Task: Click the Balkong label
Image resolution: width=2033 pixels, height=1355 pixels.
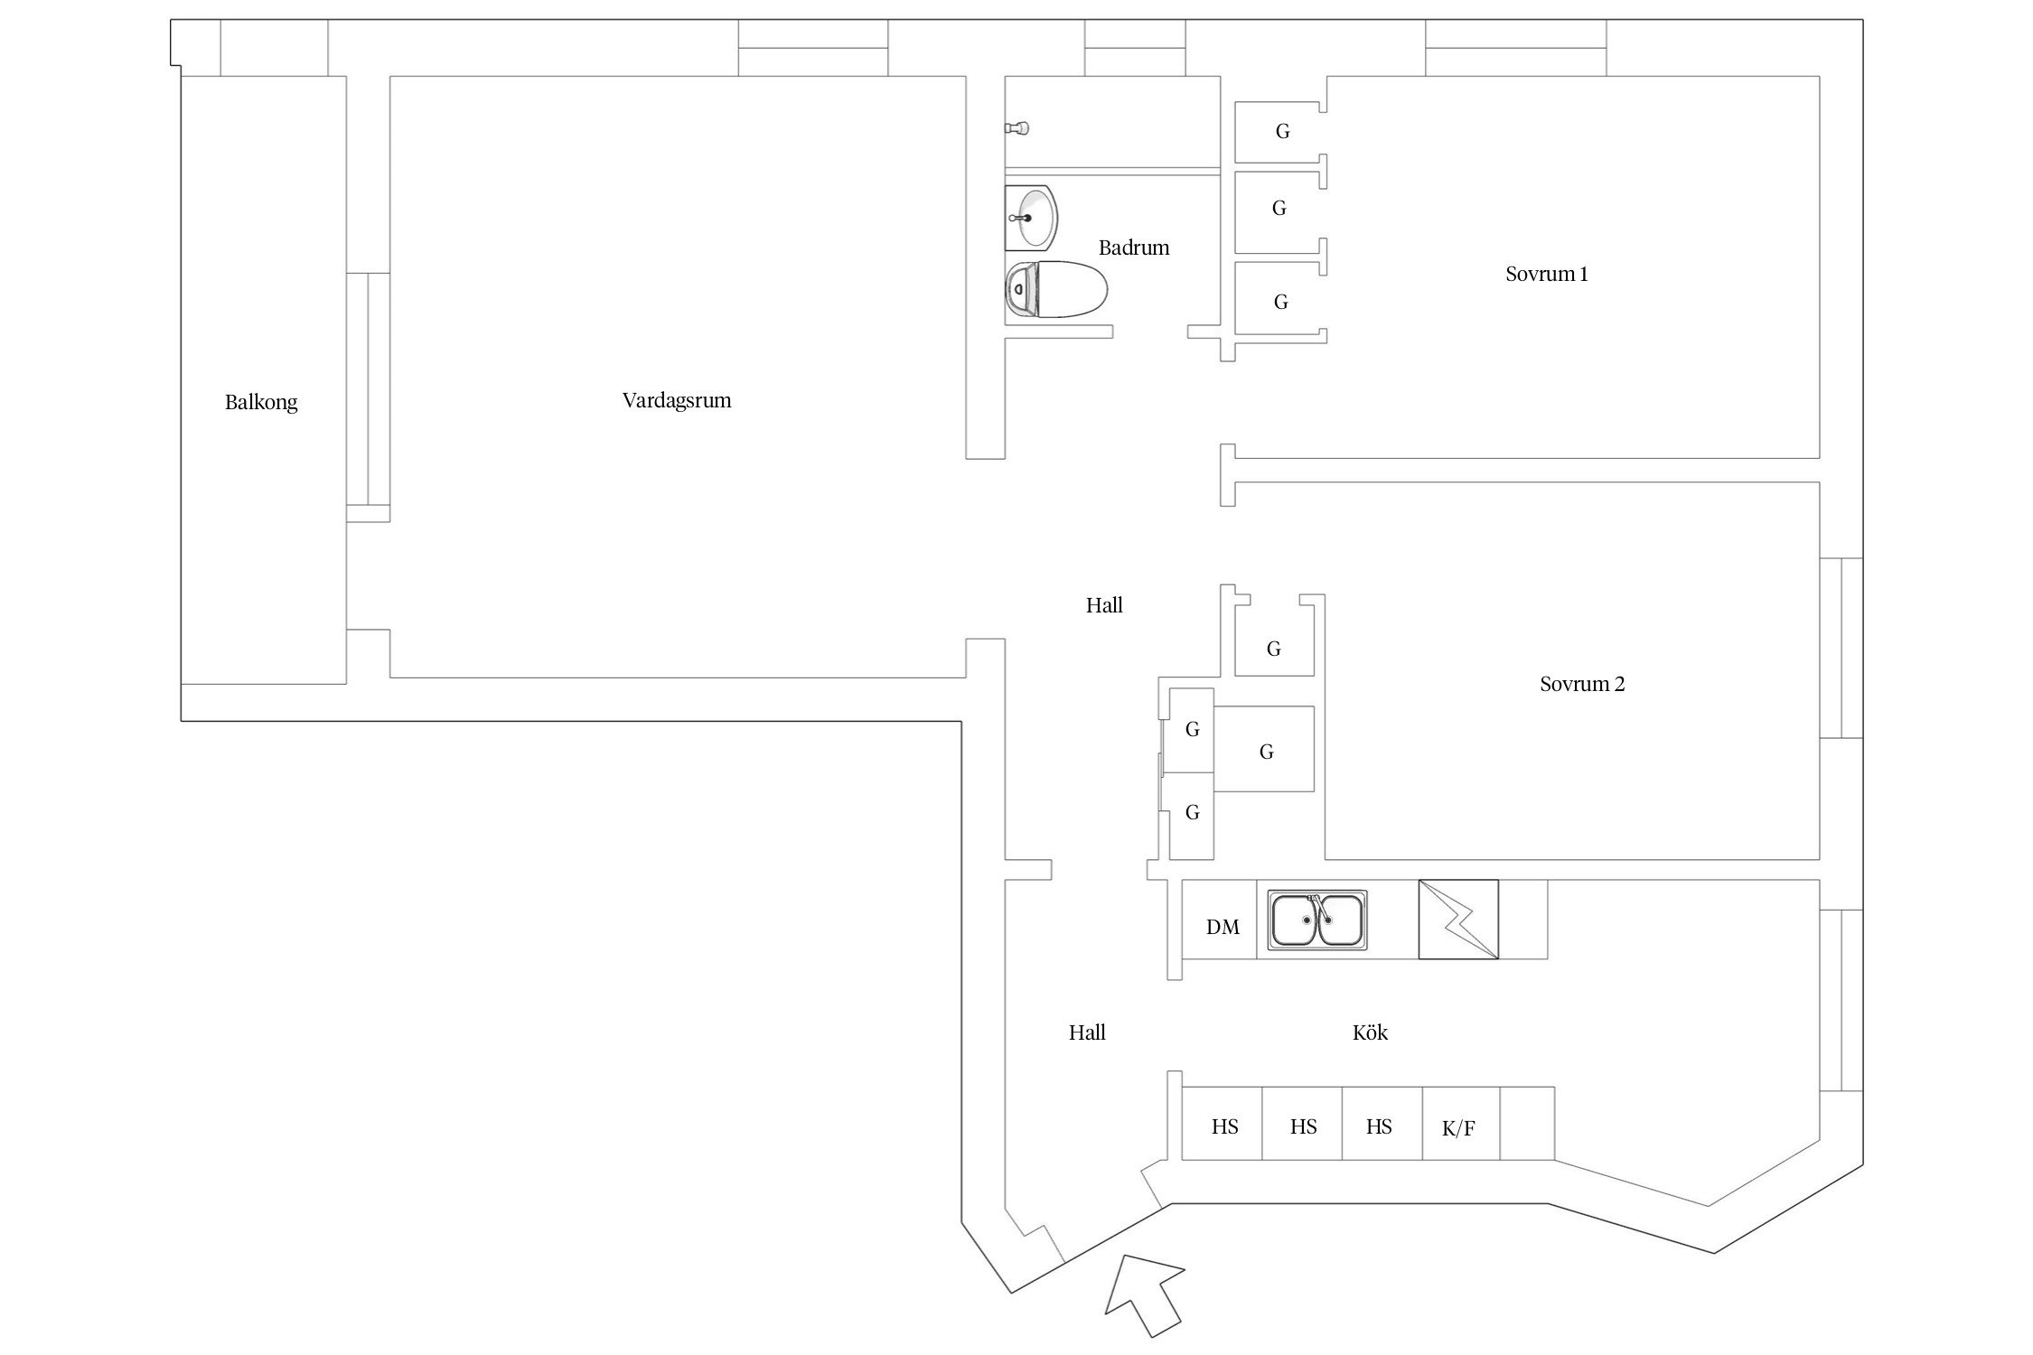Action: [x=261, y=403]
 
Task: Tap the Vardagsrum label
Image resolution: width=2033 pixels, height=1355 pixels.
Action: [x=677, y=401]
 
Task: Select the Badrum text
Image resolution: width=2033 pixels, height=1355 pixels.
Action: [x=1134, y=248]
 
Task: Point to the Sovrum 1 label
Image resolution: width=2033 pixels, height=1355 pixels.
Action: [x=1546, y=275]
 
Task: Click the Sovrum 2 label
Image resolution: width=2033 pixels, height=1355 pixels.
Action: [x=1581, y=685]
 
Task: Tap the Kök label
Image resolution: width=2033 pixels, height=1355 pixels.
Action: [x=1370, y=1033]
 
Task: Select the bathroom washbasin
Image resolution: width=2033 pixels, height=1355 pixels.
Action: [x=1032, y=218]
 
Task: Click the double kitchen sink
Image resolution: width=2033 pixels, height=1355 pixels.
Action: [x=1317, y=920]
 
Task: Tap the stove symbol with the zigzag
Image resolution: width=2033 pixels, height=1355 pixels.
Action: [x=1458, y=920]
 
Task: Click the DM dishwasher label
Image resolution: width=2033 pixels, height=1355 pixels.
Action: [x=1223, y=928]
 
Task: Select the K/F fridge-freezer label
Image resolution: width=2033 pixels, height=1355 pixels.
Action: [x=1458, y=1128]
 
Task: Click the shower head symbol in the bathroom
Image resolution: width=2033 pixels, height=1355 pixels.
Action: [x=1017, y=128]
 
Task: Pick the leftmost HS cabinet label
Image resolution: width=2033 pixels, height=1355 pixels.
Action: [x=1225, y=1127]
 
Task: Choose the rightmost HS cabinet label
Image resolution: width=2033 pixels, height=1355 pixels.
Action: [x=1379, y=1127]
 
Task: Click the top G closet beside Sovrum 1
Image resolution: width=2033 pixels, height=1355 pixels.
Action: [x=1282, y=132]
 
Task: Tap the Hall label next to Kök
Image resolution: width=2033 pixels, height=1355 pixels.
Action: [x=1087, y=1033]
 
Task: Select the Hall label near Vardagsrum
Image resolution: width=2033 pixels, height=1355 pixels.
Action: [x=1104, y=606]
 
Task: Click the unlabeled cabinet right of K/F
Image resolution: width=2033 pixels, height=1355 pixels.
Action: [x=1527, y=1124]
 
